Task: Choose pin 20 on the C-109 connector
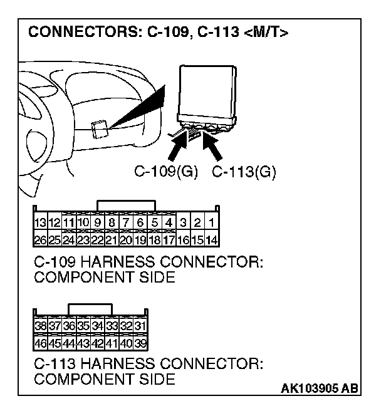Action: pos(125,239)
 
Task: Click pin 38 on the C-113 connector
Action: pos(41,326)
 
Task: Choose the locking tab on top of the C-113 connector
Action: pos(90,309)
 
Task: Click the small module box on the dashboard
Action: pos(98,128)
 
